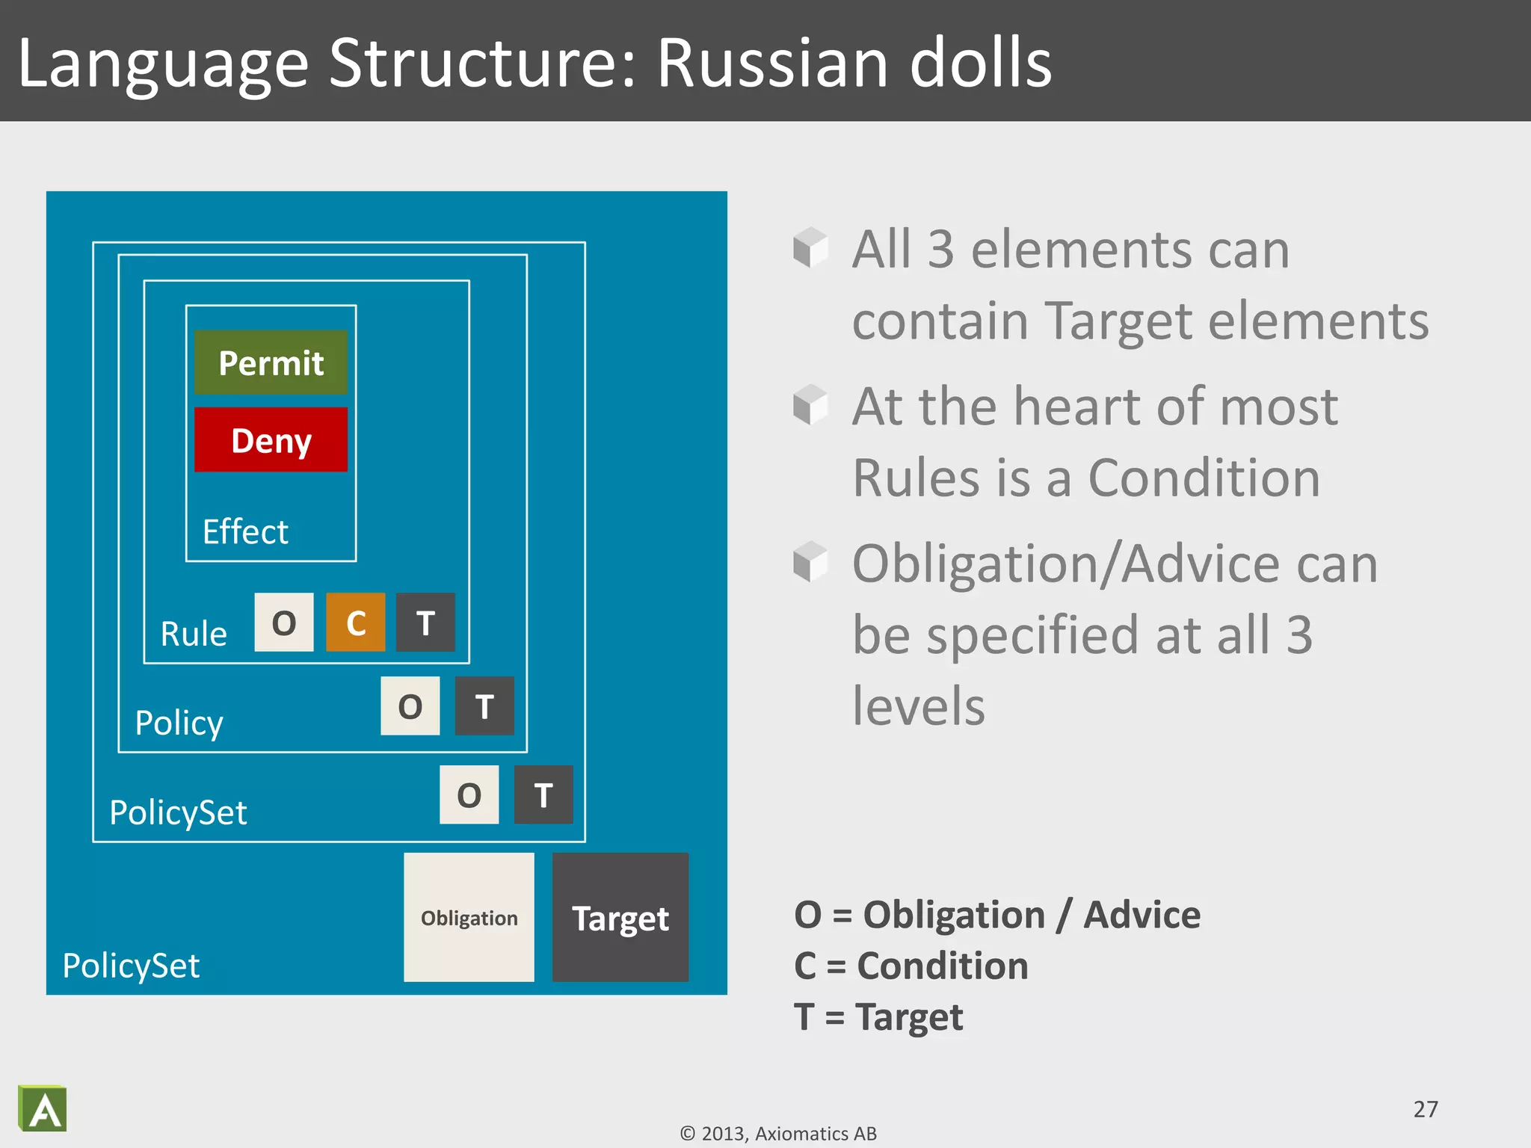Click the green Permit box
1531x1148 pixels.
(x=271, y=362)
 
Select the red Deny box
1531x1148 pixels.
(x=271, y=439)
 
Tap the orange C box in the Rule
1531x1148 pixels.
(x=356, y=623)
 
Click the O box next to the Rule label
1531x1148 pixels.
(x=284, y=623)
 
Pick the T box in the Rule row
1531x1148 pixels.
(x=425, y=623)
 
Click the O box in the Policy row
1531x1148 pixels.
(x=410, y=706)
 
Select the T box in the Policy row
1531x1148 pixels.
(x=484, y=706)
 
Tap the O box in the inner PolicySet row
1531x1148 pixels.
(x=469, y=794)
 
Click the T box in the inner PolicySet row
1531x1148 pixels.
(x=543, y=794)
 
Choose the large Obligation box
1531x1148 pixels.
(x=469, y=917)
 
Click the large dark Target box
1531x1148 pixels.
(x=620, y=917)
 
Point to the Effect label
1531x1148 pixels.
(x=245, y=531)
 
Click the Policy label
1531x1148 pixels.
(x=179, y=723)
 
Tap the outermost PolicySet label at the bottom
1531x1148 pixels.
(x=131, y=965)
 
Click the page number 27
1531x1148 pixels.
(x=1425, y=1108)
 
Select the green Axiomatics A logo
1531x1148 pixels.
(x=43, y=1108)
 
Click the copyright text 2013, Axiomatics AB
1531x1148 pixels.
(x=778, y=1134)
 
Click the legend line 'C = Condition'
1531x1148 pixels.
(x=911, y=965)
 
